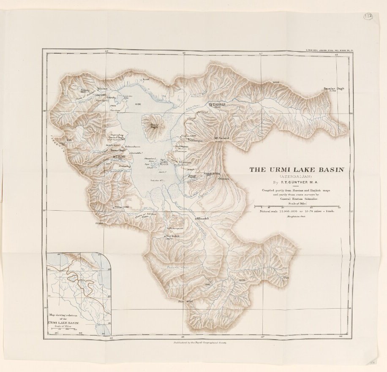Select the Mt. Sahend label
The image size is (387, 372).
(221, 138)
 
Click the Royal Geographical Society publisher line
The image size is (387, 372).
(197, 343)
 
